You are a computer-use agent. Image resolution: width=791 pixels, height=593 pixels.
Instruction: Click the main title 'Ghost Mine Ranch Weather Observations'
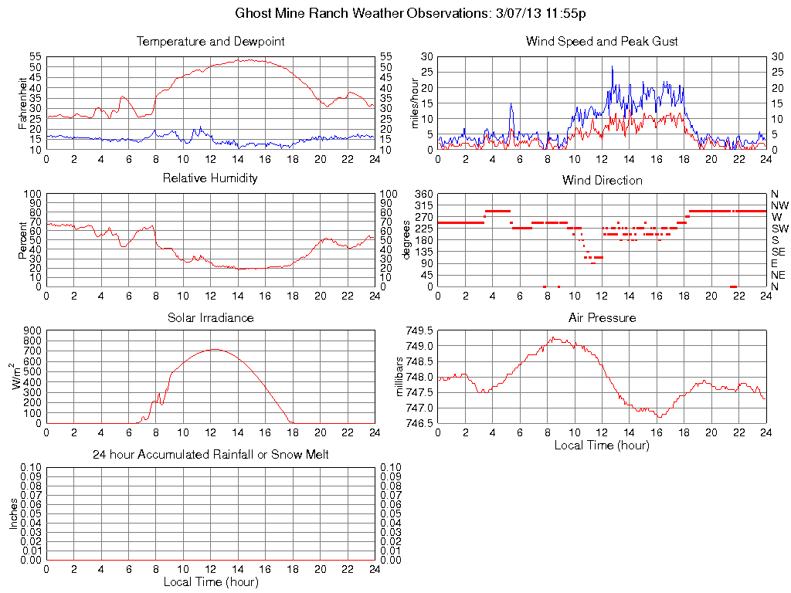coord(410,13)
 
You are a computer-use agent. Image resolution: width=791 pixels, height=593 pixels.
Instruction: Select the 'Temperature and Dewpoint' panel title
coord(210,41)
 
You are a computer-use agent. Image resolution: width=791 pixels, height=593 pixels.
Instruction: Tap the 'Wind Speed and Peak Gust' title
coord(602,41)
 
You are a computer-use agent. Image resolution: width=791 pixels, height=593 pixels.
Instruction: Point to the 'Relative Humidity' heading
coord(210,178)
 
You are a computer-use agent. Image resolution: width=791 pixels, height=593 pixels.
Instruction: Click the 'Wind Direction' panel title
coord(602,180)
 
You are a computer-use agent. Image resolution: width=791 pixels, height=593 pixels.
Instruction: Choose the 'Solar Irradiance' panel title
coord(210,317)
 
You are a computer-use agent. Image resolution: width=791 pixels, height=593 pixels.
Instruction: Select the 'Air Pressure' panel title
coord(602,317)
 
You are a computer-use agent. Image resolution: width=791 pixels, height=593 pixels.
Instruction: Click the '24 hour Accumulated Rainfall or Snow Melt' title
coord(210,455)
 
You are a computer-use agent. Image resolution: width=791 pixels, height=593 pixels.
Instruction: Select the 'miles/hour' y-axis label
coord(416,103)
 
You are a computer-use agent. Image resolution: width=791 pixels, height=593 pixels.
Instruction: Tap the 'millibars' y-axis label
coord(400,377)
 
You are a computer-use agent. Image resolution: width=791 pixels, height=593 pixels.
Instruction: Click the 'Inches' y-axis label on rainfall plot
coord(13,513)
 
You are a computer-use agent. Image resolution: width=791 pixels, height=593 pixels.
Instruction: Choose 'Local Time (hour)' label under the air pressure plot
coord(602,445)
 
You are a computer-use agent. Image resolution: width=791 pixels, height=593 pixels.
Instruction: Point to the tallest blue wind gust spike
coord(612,66)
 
